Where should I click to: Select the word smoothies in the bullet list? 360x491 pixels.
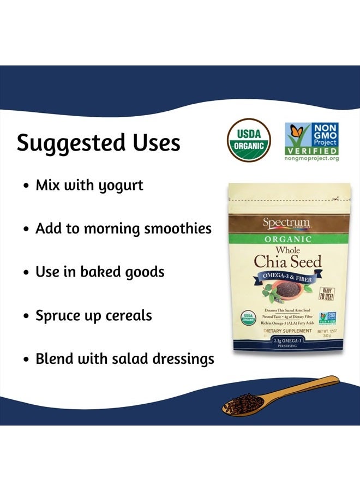pyautogui.click(x=177, y=228)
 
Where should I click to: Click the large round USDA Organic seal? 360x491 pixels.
pyautogui.click(x=249, y=141)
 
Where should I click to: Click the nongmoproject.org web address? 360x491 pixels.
pyautogui.click(x=311, y=158)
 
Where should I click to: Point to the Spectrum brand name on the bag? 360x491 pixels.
pyautogui.click(x=286, y=223)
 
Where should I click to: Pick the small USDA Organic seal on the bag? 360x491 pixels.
pyautogui.click(x=248, y=318)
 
